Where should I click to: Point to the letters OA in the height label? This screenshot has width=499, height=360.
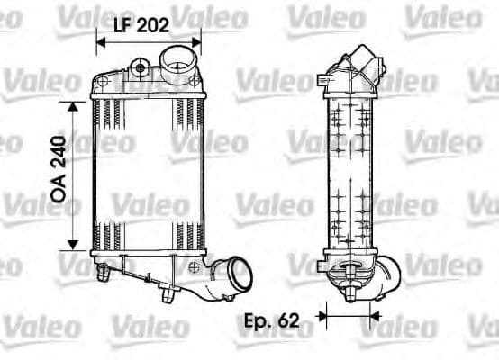[x=60, y=193]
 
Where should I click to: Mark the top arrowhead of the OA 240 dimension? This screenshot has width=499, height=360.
[x=73, y=103]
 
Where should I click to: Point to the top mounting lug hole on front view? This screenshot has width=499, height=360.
[x=138, y=66]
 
